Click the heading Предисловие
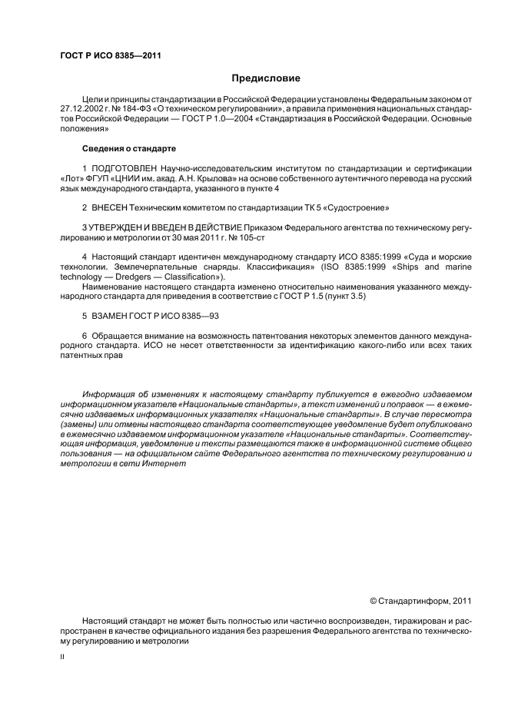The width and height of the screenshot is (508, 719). coord(267,78)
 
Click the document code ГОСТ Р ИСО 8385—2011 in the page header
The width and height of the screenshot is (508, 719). coord(110,55)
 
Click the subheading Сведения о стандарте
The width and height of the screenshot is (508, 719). coord(129,147)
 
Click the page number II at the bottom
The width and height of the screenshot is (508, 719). coord(63,657)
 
